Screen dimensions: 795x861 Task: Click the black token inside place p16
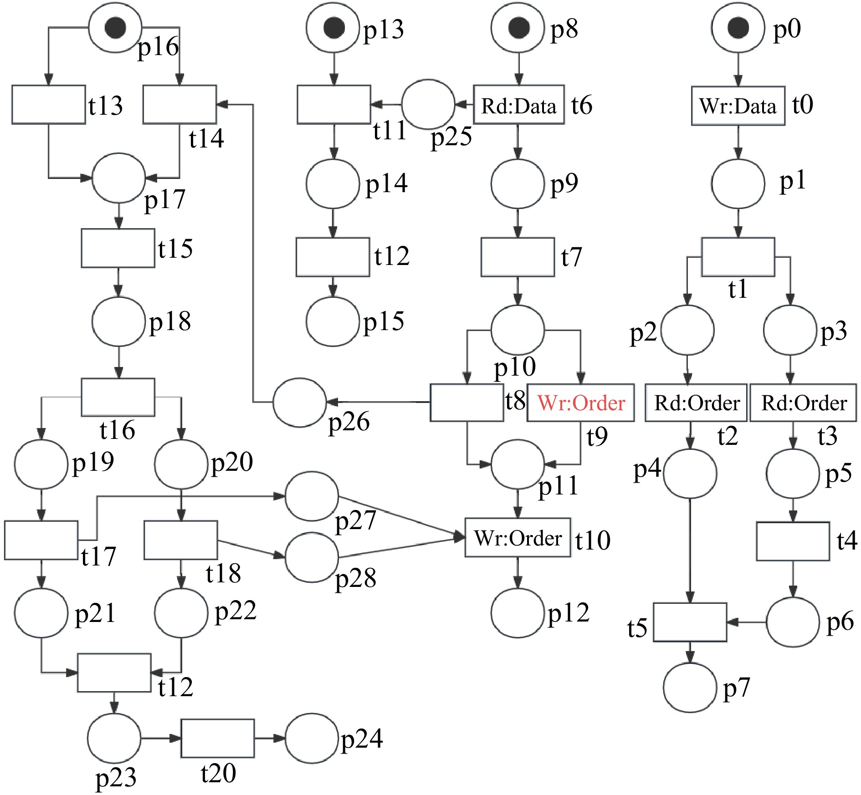click(x=115, y=28)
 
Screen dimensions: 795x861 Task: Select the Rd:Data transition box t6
click(x=518, y=105)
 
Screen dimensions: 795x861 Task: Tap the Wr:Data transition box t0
click(x=738, y=106)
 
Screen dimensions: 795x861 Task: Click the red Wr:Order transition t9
click(x=580, y=403)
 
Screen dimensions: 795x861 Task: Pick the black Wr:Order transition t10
click(x=518, y=538)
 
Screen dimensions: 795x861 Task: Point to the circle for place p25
click(x=428, y=104)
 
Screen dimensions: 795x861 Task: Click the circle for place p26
click(x=299, y=403)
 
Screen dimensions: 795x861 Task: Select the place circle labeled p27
click(x=312, y=496)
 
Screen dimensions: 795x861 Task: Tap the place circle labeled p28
click(x=312, y=557)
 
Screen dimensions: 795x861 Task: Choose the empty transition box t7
click(x=518, y=257)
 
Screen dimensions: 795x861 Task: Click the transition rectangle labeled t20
click(x=217, y=739)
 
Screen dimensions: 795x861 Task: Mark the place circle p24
click(x=312, y=738)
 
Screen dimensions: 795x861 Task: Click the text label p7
click(x=736, y=688)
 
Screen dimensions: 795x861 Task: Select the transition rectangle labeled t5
click(x=690, y=622)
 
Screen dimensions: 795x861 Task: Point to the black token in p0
click(x=738, y=28)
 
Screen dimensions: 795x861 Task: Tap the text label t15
click(x=175, y=249)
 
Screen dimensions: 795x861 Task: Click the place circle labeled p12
click(x=518, y=613)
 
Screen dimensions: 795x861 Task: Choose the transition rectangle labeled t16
click(x=118, y=397)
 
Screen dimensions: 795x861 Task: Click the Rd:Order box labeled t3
click(x=803, y=403)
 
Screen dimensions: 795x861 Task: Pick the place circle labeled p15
click(x=333, y=321)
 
